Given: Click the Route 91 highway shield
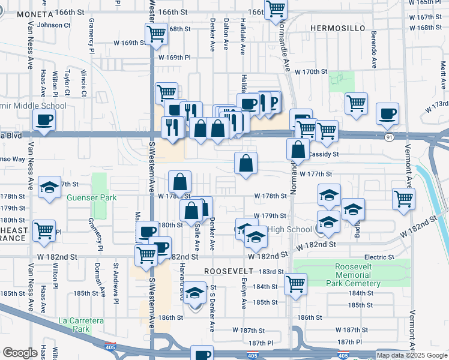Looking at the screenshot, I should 390,137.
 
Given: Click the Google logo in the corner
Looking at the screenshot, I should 20,353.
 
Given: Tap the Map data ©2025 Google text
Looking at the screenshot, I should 412,355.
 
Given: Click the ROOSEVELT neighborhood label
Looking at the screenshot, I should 225,271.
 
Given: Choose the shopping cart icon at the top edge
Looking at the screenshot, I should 276,8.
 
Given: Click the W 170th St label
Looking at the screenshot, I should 310,71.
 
